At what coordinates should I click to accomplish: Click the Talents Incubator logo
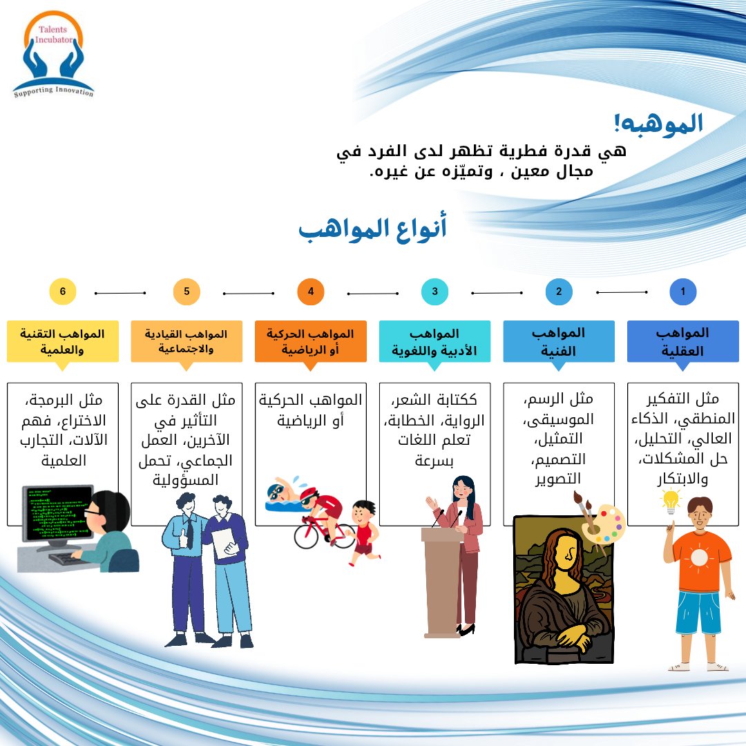53,54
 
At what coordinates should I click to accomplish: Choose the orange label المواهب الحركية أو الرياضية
310,341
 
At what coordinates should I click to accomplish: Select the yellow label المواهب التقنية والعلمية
63,341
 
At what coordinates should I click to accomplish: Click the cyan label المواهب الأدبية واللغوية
434,341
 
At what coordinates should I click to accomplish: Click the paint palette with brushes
601,523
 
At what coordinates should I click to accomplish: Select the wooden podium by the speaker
441,580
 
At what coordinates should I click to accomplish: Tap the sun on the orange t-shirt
700,557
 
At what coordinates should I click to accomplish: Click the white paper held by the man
224,544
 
